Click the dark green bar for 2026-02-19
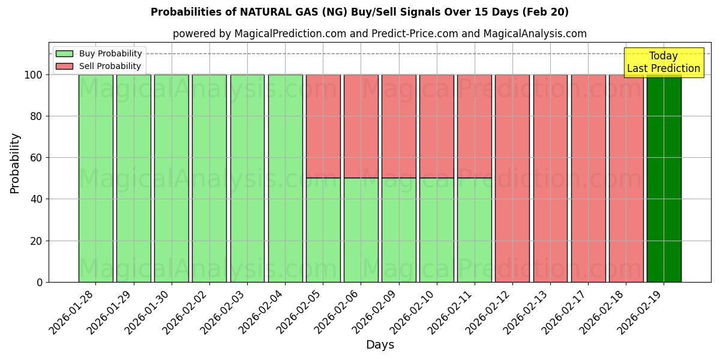click(x=664, y=178)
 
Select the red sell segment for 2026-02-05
click(x=323, y=126)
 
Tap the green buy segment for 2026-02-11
click(x=475, y=230)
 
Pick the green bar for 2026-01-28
click(x=95, y=178)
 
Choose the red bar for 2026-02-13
click(x=550, y=178)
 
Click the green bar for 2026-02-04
click(x=285, y=178)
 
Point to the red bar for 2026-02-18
click(x=626, y=178)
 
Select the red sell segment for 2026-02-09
click(x=398, y=126)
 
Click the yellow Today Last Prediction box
click(x=663, y=62)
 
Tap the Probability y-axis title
click(x=15, y=163)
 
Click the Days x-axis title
click(x=380, y=345)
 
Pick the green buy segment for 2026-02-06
click(x=361, y=230)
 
